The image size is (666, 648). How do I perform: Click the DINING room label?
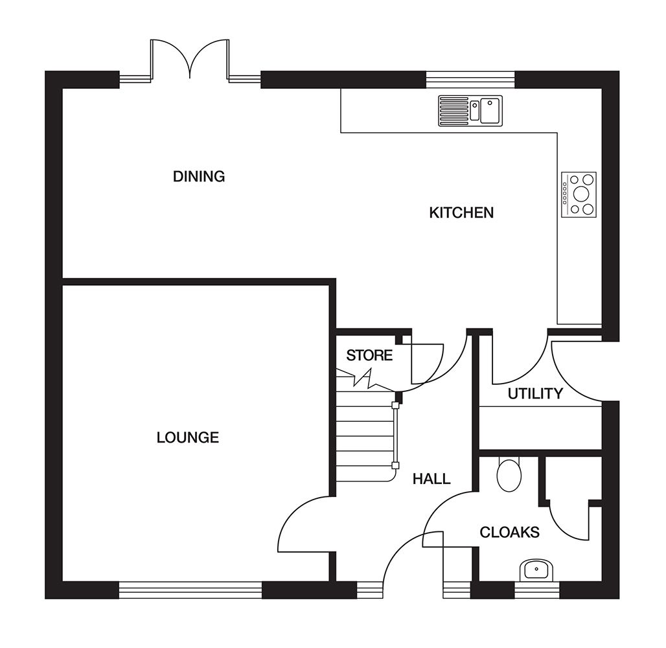point(199,176)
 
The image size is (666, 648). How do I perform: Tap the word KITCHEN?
point(461,213)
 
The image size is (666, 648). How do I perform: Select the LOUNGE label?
point(188,437)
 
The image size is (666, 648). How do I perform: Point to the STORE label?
point(369,355)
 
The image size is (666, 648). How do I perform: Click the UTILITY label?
point(535,393)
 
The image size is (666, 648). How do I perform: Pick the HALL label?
point(431,480)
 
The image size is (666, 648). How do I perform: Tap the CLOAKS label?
point(509,533)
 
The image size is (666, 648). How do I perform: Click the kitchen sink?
point(470,109)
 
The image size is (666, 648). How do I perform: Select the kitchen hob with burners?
point(579,192)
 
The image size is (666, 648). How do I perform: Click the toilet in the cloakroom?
point(508,476)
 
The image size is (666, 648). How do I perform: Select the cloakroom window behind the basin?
point(536,590)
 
